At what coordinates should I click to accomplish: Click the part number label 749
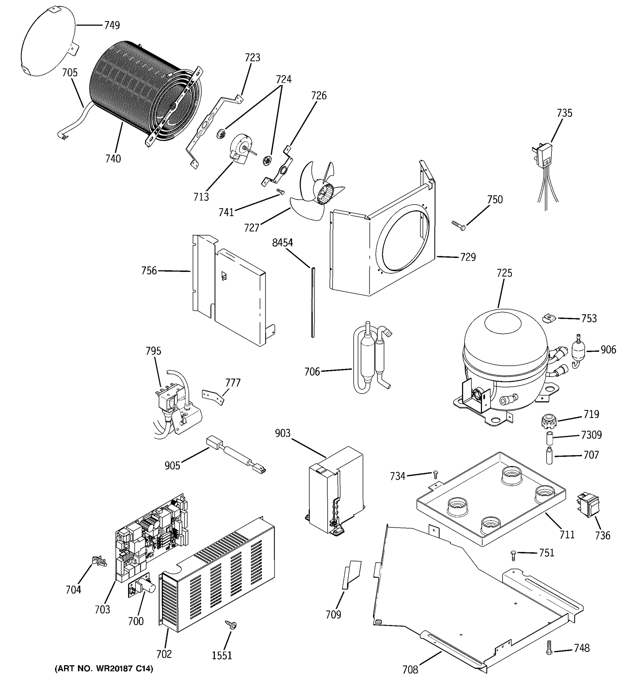(x=112, y=25)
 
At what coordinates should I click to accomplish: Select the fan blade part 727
(x=315, y=191)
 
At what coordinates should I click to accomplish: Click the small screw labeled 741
(x=280, y=192)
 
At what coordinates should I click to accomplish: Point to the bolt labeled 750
(x=459, y=226)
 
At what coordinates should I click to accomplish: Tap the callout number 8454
(x=283, y=243)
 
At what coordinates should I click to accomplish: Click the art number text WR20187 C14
(x=104, y=668)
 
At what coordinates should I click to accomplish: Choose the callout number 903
(x=283, y=433)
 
